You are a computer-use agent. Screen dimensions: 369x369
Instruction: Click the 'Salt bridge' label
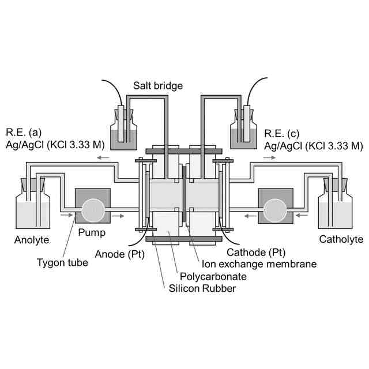[x=157, y=86]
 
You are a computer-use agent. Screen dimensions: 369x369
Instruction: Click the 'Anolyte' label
[x=32, y=239]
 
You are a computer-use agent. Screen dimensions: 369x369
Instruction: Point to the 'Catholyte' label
[x=341, y=239]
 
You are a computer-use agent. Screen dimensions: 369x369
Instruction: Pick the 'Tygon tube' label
[x=62, y=263]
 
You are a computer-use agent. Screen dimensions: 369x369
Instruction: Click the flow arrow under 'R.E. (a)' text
[x=104, y=157]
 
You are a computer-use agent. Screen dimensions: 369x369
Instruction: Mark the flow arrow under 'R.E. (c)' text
[x=270, y=157]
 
